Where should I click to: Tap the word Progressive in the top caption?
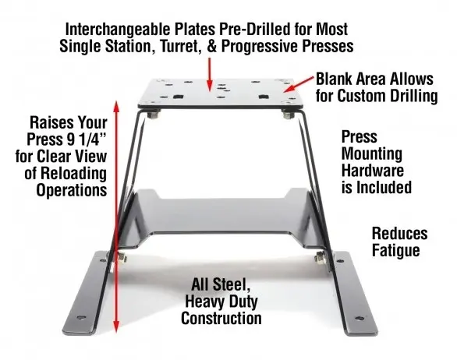point(259,46)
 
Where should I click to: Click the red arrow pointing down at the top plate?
point(209,74)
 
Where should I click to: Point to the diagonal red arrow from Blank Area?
point(299,84)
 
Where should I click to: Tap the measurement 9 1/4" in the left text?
point(87,139)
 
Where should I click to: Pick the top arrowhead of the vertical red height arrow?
point(116,107)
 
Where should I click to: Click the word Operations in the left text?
point(72,190)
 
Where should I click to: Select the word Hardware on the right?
point(373,170)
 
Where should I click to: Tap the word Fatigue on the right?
point(396,250)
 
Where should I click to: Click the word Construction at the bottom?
point(221,318)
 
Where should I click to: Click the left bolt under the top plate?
point(154,115)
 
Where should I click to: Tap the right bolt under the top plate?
point(289,115)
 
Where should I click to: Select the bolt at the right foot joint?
point(321,257)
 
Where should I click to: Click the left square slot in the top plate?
point(178,97)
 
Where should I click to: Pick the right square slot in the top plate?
point(264,97)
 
